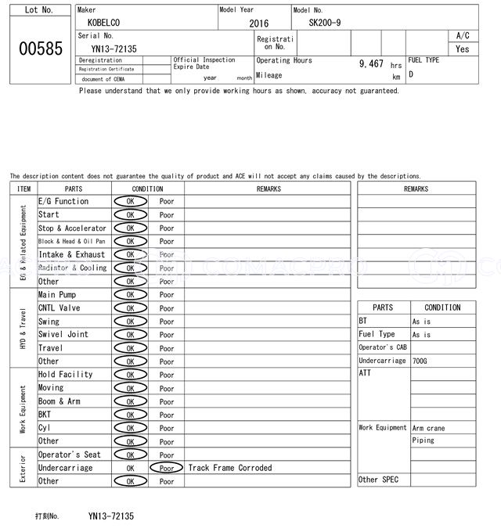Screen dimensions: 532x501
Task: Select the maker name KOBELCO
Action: [x=103, y=23]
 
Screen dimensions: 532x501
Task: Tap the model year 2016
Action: [x=258, y=23]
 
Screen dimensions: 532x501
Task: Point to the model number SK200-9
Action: [x=325, y=23]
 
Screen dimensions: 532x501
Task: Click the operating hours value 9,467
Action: [x=371, y=64]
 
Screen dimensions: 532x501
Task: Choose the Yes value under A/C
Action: [x=463, y=49]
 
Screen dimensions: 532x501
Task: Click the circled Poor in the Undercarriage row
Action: [x=166, y=468]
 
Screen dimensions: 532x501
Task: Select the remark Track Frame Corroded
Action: [x=230, y=468]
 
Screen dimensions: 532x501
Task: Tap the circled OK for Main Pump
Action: [x=130, y=295]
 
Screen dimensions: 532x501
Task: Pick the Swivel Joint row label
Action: [x=63, y=335]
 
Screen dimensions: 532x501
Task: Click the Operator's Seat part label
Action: [x=70, y=455]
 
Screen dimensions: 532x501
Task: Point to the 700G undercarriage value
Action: [x=421, y=361]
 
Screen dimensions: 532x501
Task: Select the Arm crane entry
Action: [x=428, y=428]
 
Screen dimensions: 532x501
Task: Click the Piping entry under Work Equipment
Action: [x=424, y=440]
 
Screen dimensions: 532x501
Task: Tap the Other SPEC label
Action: [x=378, y=480]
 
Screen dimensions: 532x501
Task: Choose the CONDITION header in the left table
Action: [x=147, y=189]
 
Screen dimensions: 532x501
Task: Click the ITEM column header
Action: [x=23, y=189]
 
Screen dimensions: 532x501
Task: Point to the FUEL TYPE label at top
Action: [x=424, y=59]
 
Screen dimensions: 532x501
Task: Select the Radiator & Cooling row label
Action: [x=73, y=268]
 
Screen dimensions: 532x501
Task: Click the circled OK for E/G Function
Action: [x=130, y=201]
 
